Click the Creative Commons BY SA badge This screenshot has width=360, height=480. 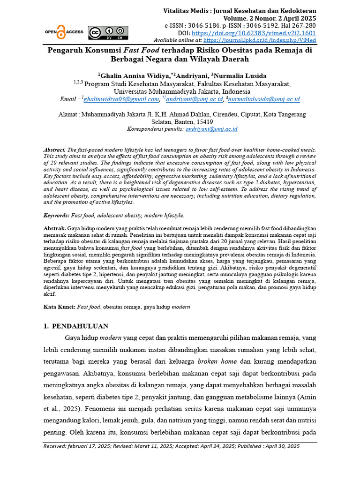108,32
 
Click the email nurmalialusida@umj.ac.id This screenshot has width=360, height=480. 264,99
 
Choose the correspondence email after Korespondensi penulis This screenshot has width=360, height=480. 211,128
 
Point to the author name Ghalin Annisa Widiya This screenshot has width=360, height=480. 129,76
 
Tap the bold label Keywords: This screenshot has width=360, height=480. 56,215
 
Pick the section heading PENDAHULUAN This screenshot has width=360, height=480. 80,326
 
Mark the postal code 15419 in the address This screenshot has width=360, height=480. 218,121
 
